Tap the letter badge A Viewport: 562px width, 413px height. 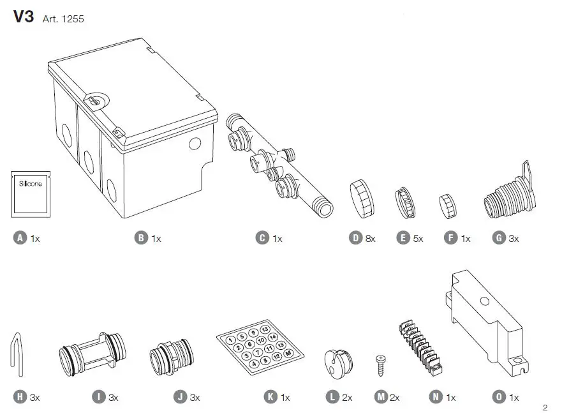point(20,238)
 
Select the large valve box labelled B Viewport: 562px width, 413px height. point(131,128)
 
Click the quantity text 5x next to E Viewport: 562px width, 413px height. point(418,239)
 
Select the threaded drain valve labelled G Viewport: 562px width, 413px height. point(508,188)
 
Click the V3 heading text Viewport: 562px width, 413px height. point(24,17)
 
